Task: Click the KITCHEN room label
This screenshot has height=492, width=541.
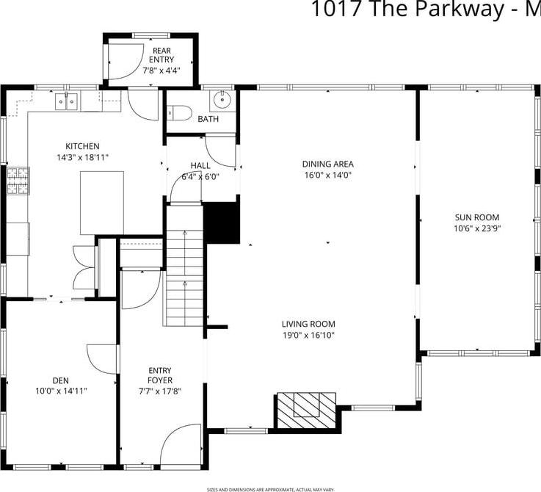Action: tap(82, 146)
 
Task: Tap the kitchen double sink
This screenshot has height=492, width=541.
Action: tap(67, 101)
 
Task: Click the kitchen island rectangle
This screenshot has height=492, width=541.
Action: tap(101, 203)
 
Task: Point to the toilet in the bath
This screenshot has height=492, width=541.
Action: tap(180, 113)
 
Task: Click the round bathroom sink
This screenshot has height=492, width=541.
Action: tap(220, 100)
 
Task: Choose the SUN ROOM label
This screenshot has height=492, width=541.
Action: tap(476, 217)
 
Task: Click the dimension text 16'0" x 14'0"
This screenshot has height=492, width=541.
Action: tap(327, 176)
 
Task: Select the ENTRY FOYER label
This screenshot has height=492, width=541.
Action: tap(160, 375)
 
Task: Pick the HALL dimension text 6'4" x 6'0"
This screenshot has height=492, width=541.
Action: tap(200, 176)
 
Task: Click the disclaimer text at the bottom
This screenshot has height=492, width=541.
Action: tap(270, 488)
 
